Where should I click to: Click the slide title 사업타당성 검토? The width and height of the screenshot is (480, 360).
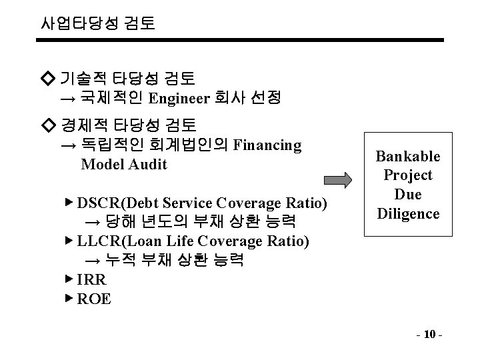(x=97, y=25)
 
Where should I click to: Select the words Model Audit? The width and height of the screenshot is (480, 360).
(x=124, y=165)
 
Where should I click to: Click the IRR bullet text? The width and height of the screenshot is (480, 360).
(x=92, y=279)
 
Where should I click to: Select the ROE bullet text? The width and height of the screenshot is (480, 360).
(x=94, y=299)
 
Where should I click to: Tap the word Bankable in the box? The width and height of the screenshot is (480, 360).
(x=408, y=156)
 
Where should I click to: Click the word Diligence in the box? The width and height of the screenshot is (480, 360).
(x=408, y=214)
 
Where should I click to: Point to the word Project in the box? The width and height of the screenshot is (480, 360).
(x=408, y=175)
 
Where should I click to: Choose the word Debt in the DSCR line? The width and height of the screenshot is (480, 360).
(x=141, y=203)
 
